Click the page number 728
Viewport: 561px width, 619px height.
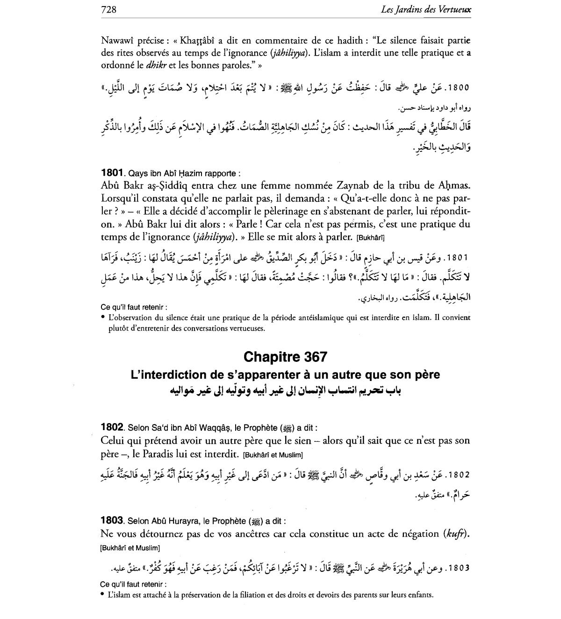pos(108,9)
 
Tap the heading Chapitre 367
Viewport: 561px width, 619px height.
pos(285,357)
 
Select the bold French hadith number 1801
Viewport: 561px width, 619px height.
pos(112,173)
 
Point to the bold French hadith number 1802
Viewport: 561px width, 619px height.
pos(112,427)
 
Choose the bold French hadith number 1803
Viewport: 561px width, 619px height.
pos(112,520)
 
